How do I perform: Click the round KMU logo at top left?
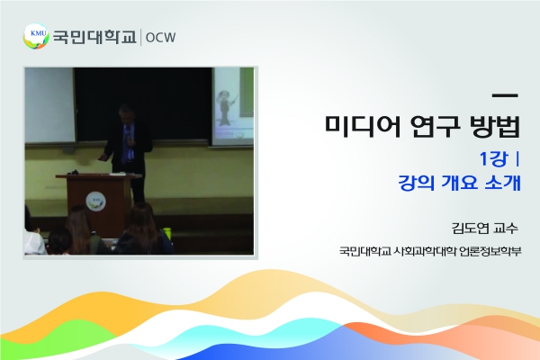[x=36, y=36]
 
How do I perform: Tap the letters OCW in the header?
[x=160, y=37]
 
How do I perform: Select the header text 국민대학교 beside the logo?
[x=94, y=37]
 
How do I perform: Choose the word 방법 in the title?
[x=494, y=126]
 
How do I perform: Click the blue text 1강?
[x=494, y=158]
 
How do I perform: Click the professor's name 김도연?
[x=470, y=228]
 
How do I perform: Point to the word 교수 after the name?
[x=506, y=228]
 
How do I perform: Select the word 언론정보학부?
[x=490, y=251]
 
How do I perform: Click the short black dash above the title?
[x=505, y=95]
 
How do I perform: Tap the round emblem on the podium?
[x=95, y=202]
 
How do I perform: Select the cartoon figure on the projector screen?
[x=226, y=108]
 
